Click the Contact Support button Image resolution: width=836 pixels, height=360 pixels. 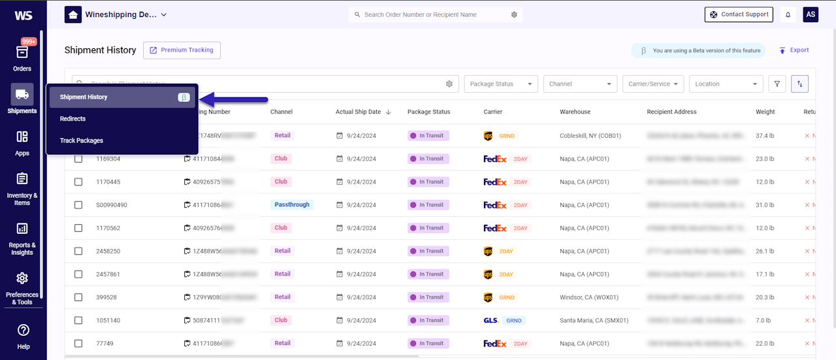pyautogui.click(x=739, y=14)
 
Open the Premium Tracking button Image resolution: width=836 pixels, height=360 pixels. pyautogui.click(x=182, y=50)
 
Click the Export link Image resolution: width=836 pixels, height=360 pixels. pyautogui.click(x=794, y=50)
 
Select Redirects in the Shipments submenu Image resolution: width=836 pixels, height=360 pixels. pyautogui.click(x=73, y=119)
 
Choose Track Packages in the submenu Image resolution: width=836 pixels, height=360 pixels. pyautogui.click(x=82, y=140)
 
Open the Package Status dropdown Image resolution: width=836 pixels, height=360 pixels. pyautogui.click(x=500, y=84)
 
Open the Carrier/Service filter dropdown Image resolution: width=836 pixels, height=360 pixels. pyautogui.click(x=653, y=84)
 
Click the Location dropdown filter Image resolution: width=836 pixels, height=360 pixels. pyautogui.click(x=726, y=84)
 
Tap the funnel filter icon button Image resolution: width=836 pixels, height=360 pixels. pyautogui.click(x=777, y=84)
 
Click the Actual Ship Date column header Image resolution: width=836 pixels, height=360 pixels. pyautogui.click(x=358, y=112)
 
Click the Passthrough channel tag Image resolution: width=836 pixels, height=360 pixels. pyautogui.click(x=292, y=205)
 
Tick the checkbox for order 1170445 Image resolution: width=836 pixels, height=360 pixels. pyautogui.click(x=78, y=182)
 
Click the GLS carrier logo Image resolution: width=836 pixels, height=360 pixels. pyautogui.click(x=491, y=321)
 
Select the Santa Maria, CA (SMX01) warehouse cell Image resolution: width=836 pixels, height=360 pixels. pyautogui.click(x=594, y=321)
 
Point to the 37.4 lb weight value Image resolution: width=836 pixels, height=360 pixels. pyautogui.click(x=765, y=136)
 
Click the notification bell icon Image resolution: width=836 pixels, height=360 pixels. pyautogui.click(x=788, y=14)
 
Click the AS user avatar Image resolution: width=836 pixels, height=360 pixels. pyautogui.click(x=811, y=14)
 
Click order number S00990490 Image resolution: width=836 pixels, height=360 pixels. pyautogui.click(x=111, y=205)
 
